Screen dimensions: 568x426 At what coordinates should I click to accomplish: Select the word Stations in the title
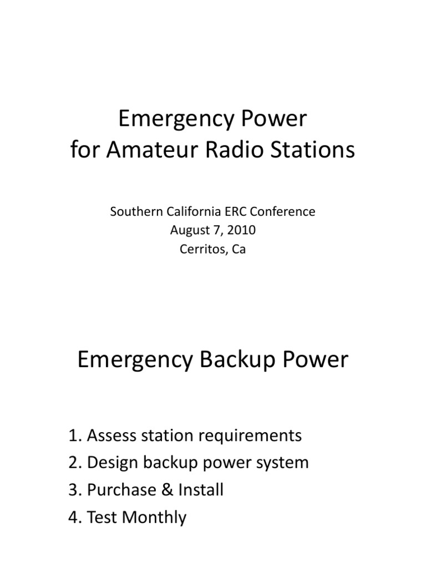click(317, 150)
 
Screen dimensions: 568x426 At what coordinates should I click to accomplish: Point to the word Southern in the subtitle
click(133, 211)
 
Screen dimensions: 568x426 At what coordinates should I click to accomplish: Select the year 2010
click(240, 230)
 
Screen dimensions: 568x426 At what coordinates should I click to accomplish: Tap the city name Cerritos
click(200, 249)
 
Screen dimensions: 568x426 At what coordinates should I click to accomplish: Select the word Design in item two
click(114, 463)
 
